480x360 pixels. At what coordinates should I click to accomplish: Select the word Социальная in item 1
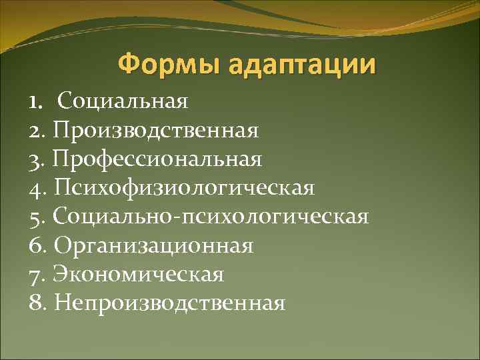(123, 102)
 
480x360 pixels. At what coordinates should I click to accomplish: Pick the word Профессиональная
(159, 160)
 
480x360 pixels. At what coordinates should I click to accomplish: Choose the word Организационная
(153, 246)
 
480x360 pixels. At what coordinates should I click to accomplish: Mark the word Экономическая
(139, 275)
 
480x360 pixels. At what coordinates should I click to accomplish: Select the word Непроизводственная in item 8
(170, 303)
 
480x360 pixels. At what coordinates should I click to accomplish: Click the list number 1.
(34, 102)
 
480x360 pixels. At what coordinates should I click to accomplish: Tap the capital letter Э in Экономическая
(61, 275)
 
